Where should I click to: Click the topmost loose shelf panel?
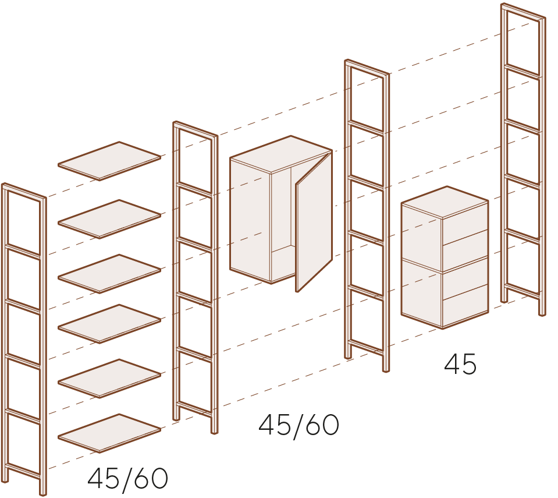point(109,161)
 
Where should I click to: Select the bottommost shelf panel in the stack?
point(109,433)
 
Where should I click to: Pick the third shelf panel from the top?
point(109,274)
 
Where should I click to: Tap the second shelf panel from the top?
point(109,219)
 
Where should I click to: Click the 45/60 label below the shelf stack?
point(128,478)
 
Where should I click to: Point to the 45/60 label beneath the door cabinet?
point(298,425)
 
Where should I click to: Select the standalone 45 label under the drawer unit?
point(460,363)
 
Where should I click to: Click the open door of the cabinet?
point(314,221)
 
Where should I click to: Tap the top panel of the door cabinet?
point(281,154)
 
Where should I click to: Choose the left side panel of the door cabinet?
point(250,220)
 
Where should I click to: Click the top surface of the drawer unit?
point(445,202)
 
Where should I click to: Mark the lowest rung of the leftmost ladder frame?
point(23,471)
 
